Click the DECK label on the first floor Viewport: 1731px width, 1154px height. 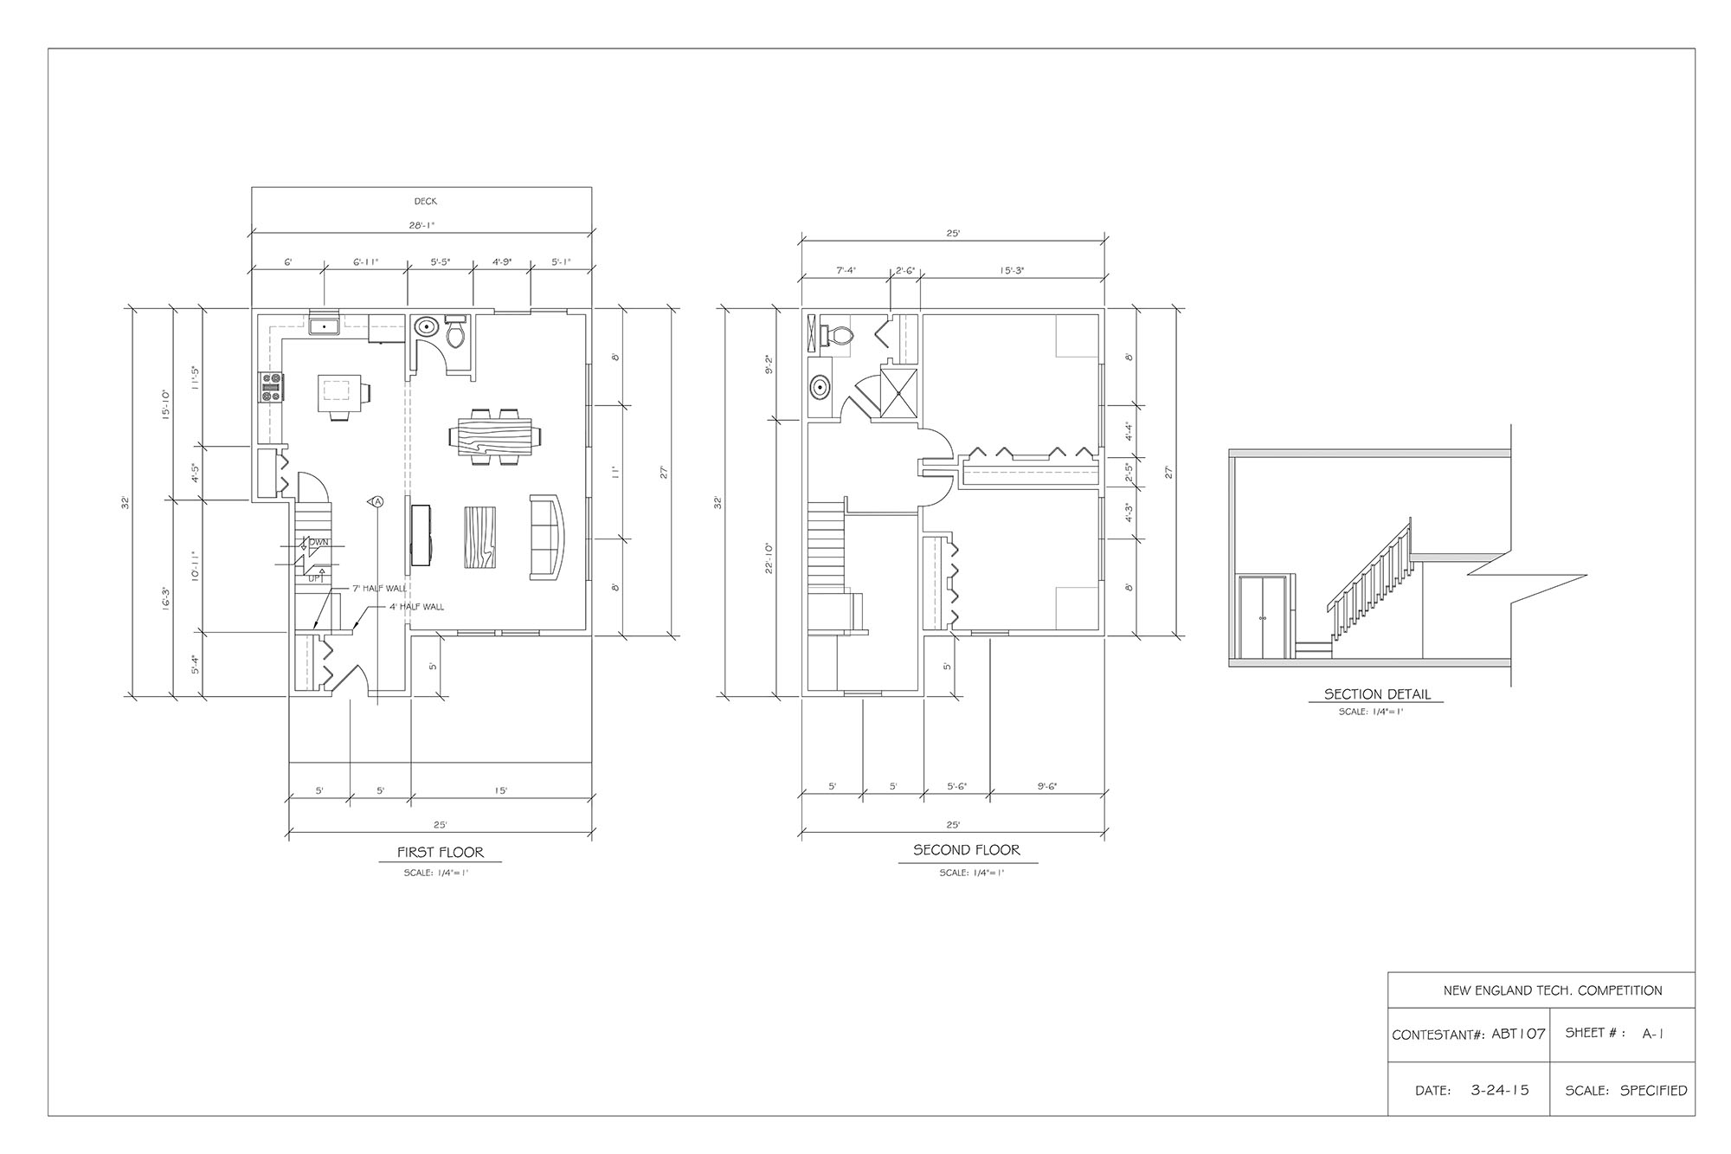pos(425,202)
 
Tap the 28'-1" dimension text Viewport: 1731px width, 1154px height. pos(421,225)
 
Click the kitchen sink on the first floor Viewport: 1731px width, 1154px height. pos(325,326)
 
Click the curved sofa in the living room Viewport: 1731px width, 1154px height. pos(548,537)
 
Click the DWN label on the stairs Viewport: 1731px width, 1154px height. pos(319,543)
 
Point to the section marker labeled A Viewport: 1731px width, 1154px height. pos(377,501)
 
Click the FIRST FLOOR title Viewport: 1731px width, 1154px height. pos(441,853)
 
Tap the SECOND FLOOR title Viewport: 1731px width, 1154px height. pos(967,850)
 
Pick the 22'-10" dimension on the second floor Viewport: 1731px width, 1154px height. pos(769,558)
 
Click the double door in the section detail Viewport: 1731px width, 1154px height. pos(1262,618)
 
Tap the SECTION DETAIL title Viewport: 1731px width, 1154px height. pos(1377,694)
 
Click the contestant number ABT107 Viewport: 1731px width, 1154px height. pos(1518,1034)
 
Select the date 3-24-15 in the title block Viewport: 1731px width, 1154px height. pos(1500,1090)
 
